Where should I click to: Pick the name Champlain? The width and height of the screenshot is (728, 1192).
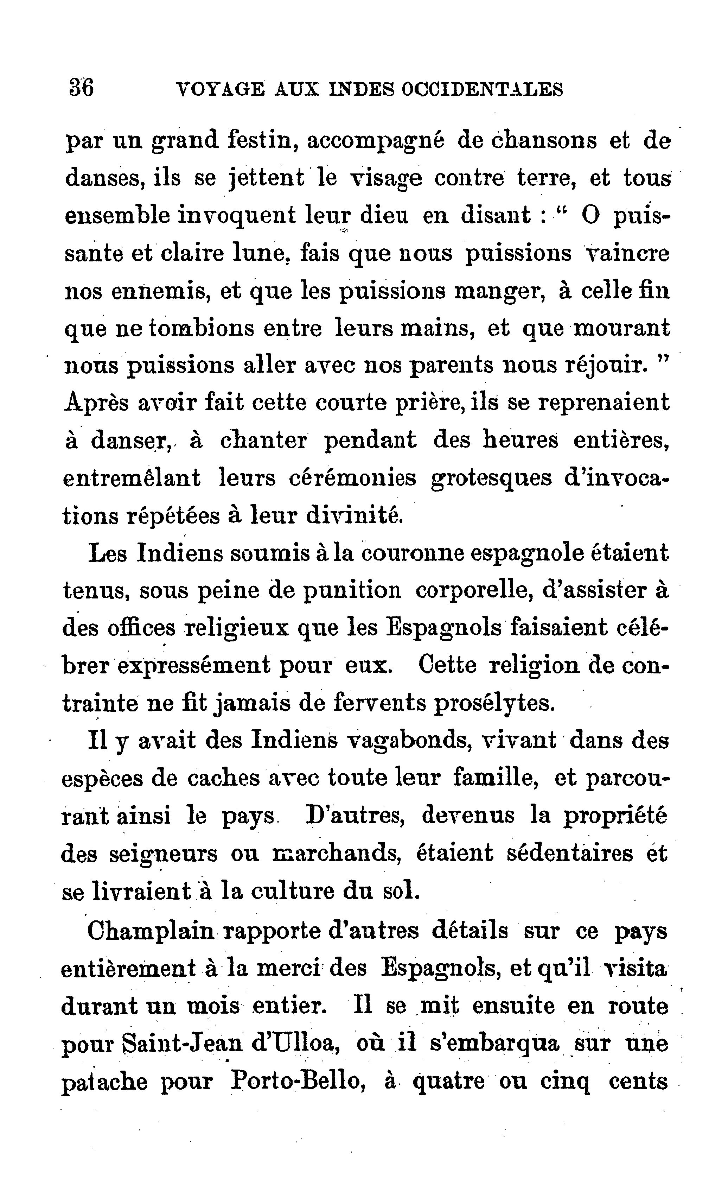click(x=150, y=930)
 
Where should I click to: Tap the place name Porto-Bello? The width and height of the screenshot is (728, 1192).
click(x=297, y=1080)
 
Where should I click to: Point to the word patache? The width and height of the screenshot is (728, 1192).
click(x=104, y=1082)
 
